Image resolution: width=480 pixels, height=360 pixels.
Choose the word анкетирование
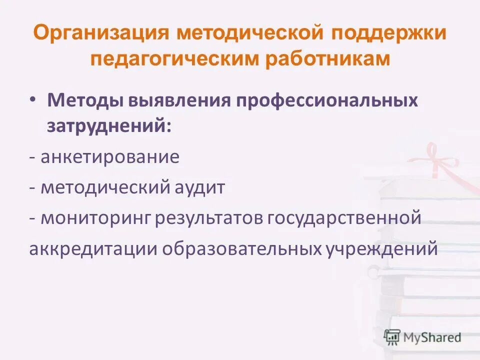(110, 157)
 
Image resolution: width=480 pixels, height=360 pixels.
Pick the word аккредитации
(92, 248)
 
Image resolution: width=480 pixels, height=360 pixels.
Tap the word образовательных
(237, 248)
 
